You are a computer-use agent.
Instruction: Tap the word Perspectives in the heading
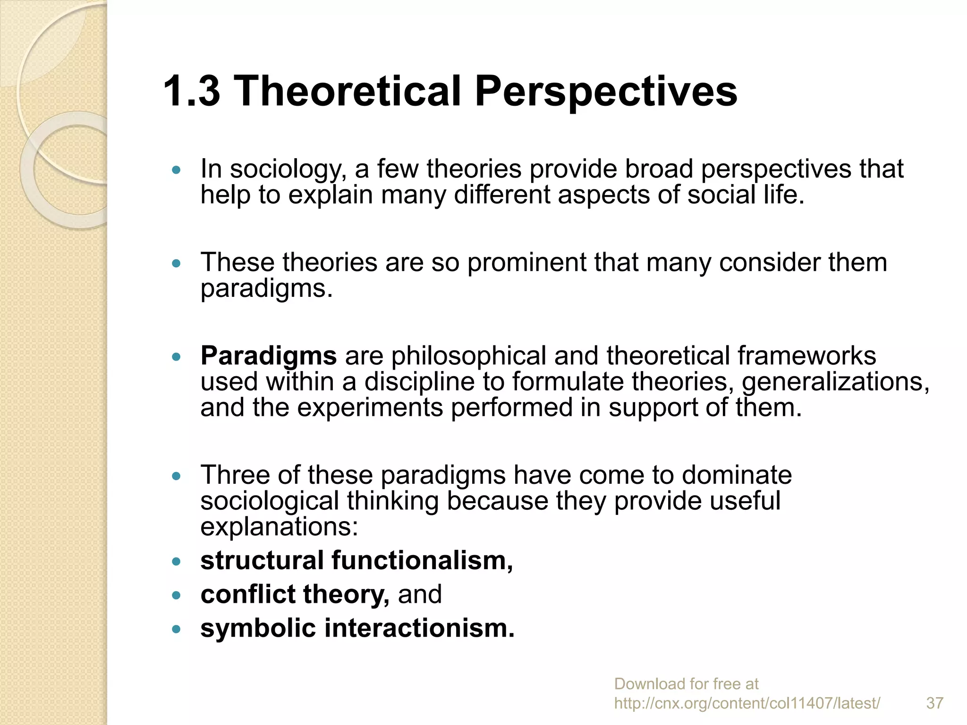(x=606, y=92)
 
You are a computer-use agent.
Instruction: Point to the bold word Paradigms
(x=269, y=356)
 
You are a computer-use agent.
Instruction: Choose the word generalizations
(x=835, y=382)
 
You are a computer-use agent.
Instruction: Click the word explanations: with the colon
(x=279, y=527)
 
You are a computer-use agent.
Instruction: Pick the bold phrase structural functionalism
(x=356, y=561)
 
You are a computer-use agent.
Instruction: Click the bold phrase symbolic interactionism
(x=357, y=629)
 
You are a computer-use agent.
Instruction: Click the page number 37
(x=934, y=703)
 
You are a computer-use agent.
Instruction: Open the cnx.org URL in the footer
(x=746, y=703)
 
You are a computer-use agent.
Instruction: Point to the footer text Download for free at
(x=686, y=684)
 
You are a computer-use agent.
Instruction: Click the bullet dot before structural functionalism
(x=177, y=562)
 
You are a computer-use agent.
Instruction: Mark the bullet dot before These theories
(x=177, y=263)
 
